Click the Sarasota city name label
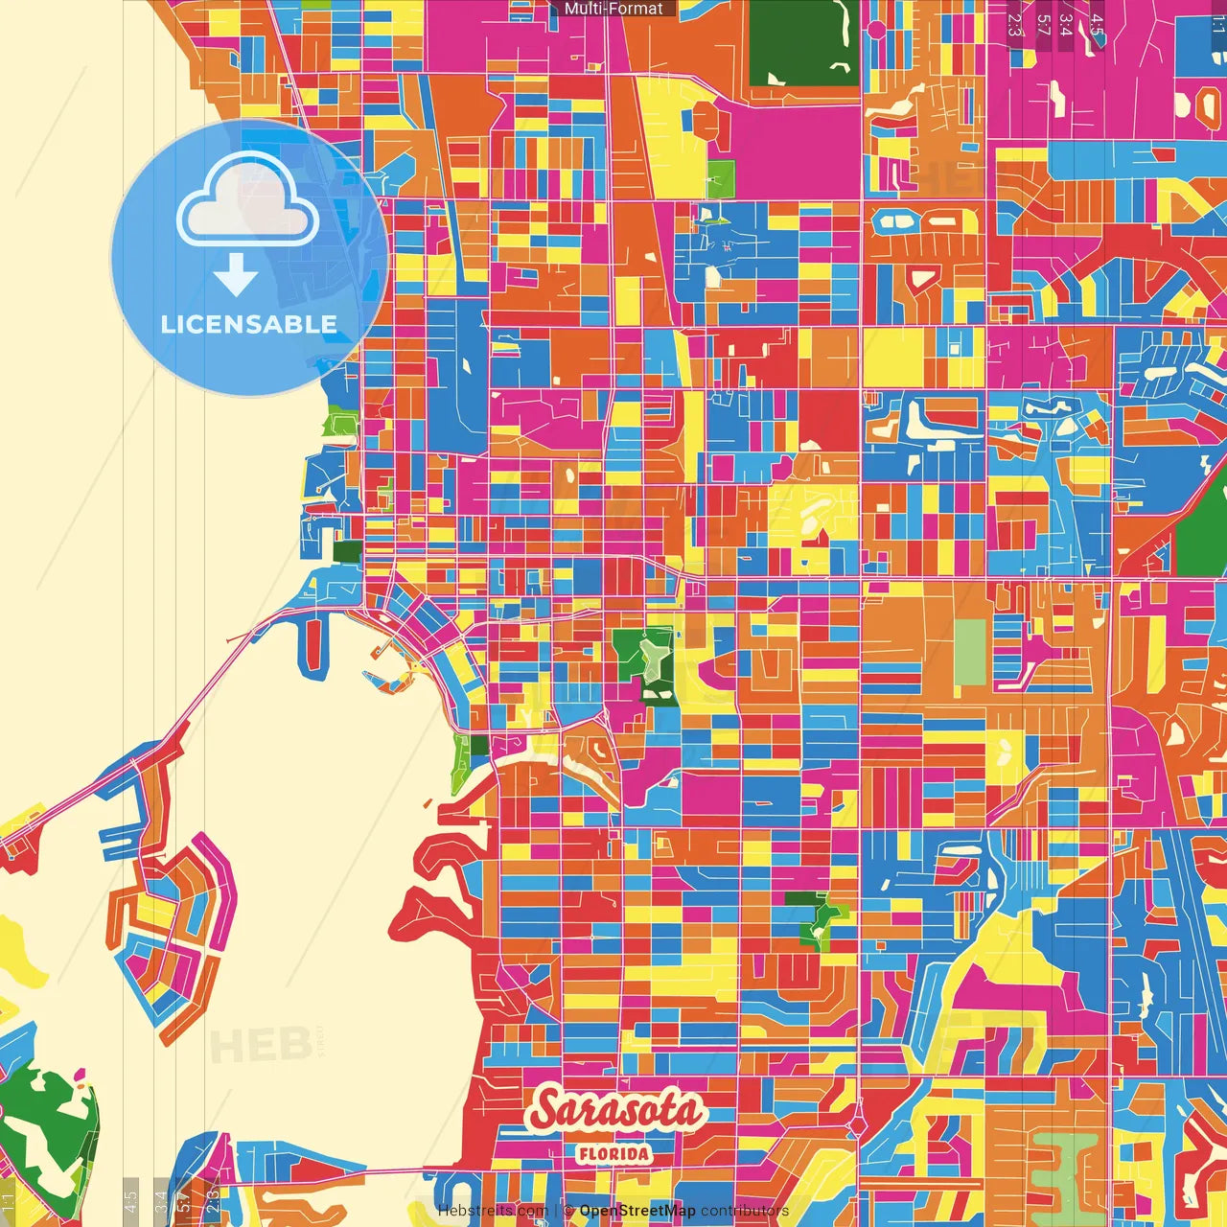616,1110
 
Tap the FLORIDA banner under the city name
613,1153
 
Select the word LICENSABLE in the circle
248,324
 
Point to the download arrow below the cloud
236,275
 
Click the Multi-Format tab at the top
613,9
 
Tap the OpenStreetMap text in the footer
637,1211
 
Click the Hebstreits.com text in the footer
493,1211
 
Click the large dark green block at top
803,43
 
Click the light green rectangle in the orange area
970,652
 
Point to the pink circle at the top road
876,30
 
